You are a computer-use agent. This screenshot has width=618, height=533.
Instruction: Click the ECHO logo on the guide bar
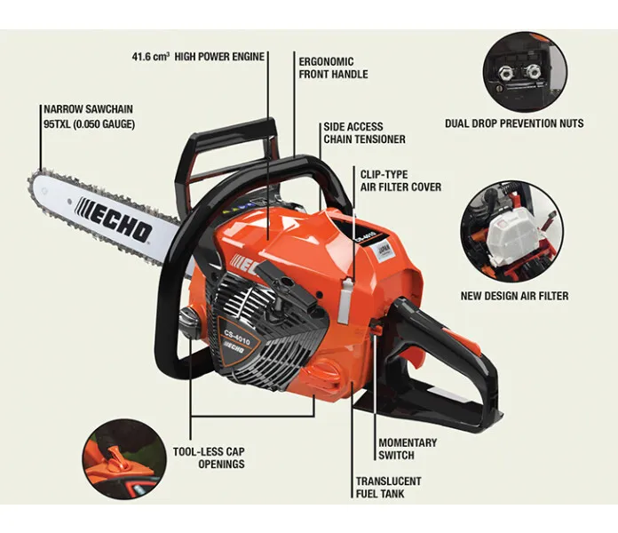114,219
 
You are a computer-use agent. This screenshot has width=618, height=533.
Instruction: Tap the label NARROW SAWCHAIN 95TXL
89,116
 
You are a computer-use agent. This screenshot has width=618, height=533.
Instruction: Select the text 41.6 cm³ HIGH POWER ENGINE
198,56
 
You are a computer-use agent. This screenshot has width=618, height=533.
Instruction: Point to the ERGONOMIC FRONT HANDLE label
334,68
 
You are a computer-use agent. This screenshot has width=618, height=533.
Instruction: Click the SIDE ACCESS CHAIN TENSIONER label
364,133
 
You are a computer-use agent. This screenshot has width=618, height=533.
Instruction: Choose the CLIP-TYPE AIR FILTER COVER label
400,180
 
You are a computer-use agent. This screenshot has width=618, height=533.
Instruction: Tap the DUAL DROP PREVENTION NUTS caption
514,123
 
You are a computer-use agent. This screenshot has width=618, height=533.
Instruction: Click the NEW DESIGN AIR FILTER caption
514,296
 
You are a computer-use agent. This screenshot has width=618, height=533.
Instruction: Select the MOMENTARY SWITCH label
408,449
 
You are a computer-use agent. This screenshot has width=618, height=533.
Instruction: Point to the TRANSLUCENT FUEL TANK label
389,488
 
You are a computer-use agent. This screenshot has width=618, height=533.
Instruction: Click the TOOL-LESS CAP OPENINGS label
209,457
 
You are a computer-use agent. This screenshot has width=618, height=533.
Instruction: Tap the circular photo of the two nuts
526,73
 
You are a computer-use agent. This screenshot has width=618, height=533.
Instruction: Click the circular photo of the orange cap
124,460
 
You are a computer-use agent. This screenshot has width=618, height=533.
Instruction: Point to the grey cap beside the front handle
189,322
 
